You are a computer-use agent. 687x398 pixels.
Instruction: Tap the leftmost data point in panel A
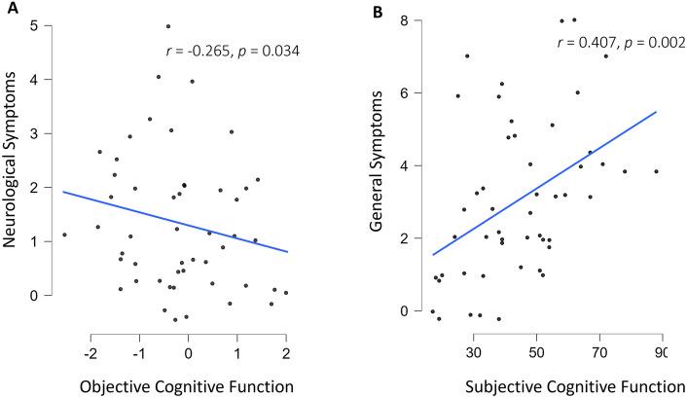[64, 235]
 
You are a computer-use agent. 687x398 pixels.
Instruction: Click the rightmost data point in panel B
[657, 171]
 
